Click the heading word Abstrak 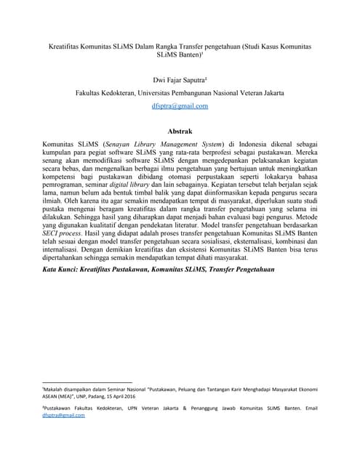180,132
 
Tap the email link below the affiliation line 180,105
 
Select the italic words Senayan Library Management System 163,145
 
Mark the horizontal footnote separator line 87,381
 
